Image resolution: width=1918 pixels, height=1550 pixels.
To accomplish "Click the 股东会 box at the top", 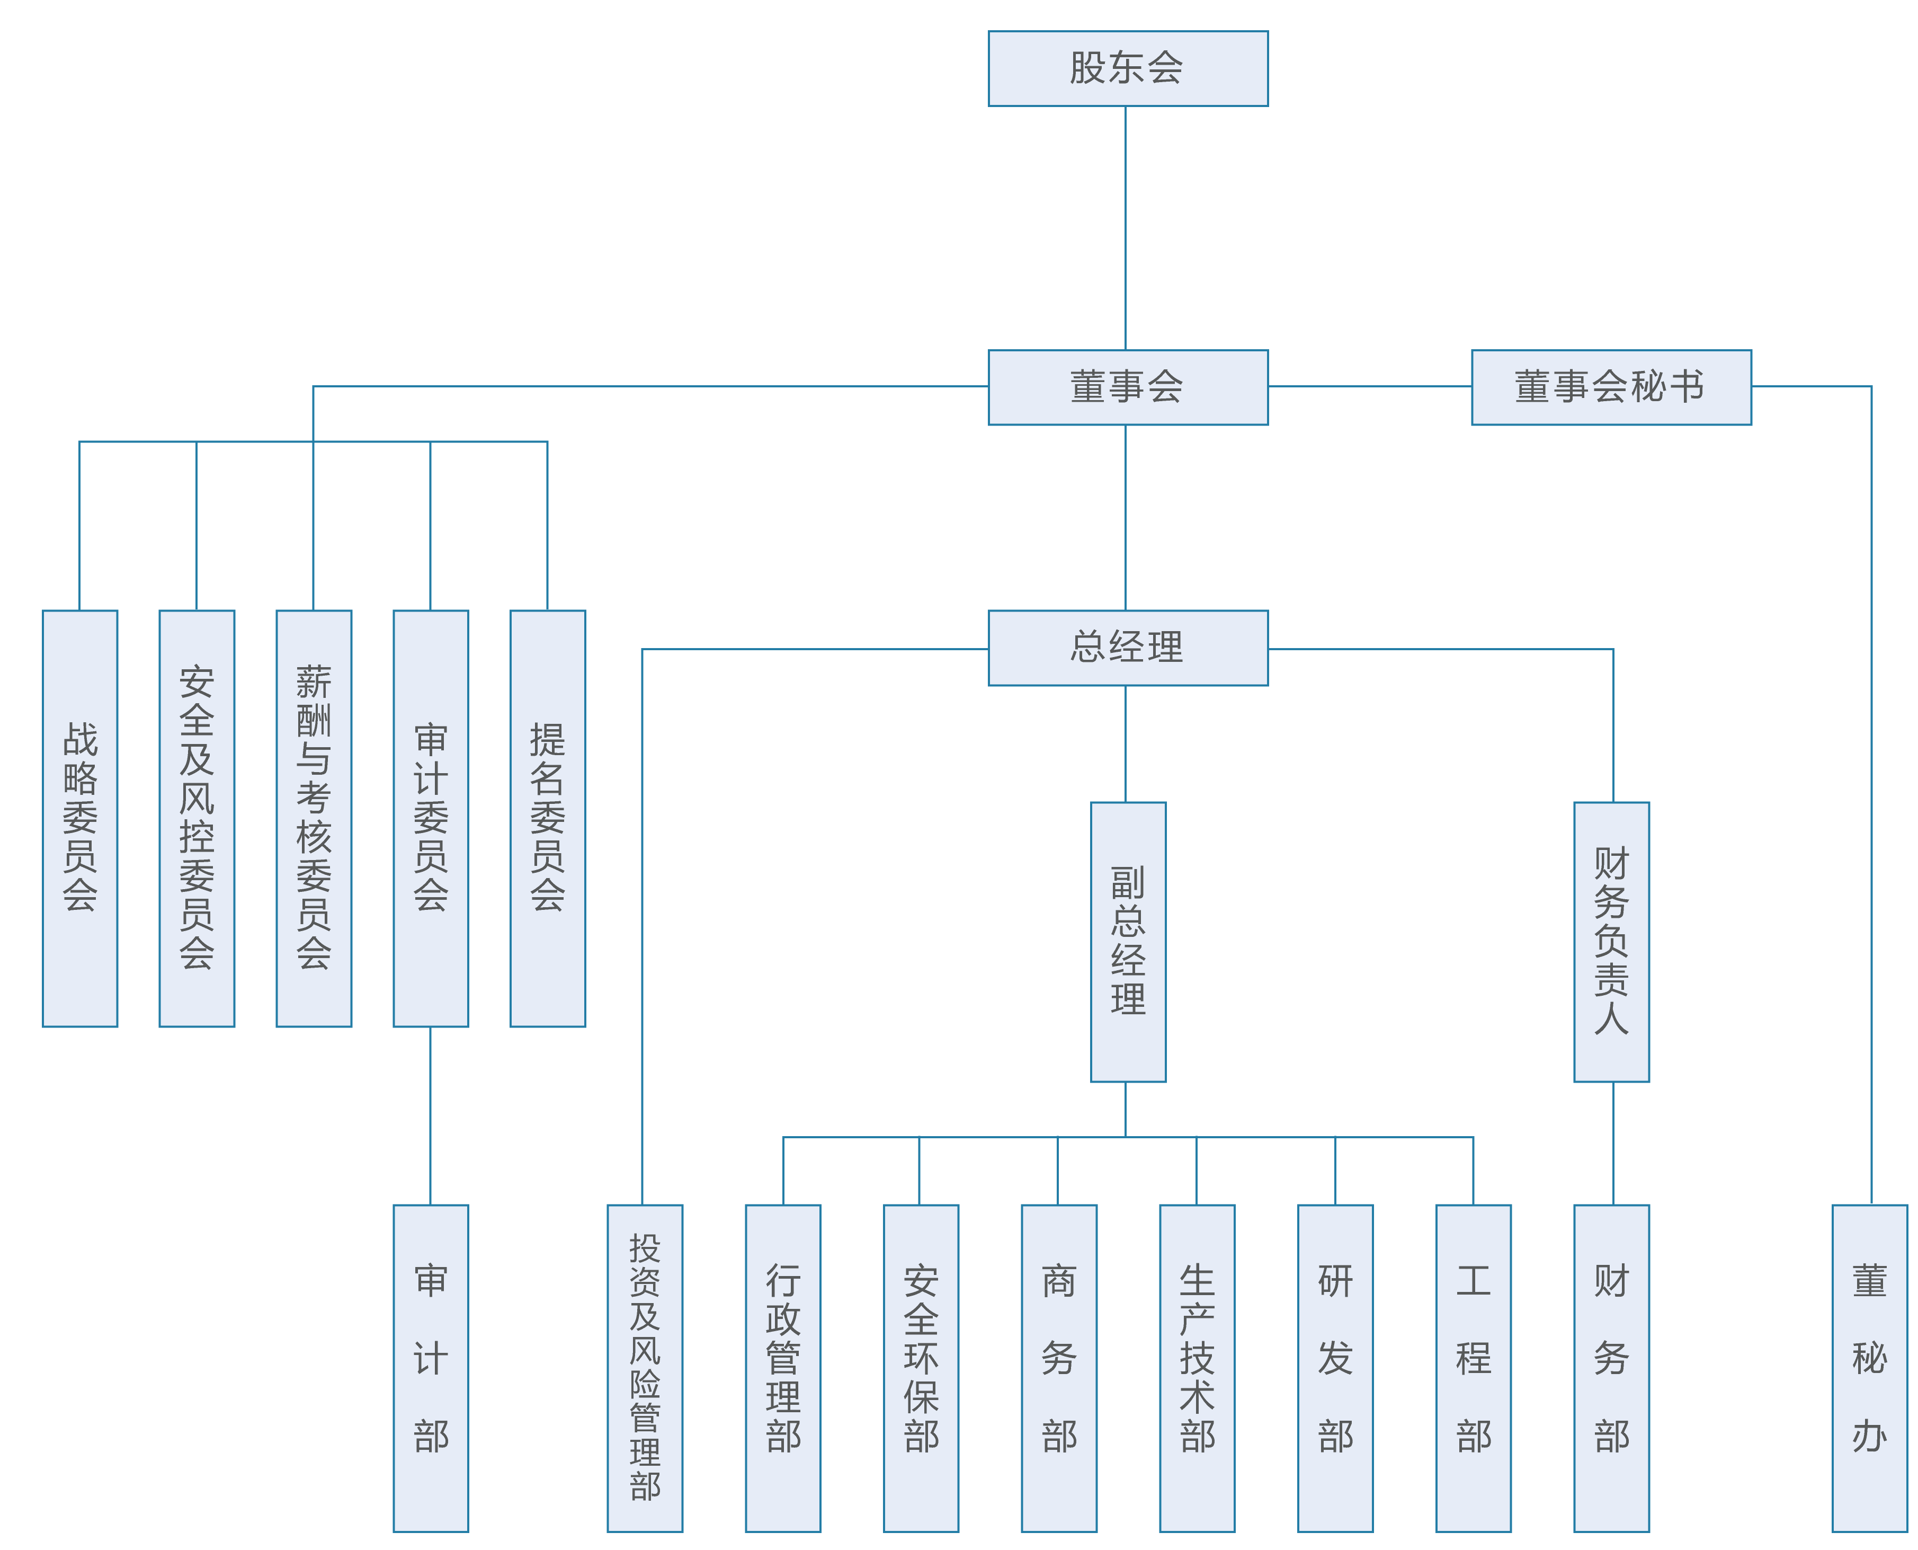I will pos(1127,69).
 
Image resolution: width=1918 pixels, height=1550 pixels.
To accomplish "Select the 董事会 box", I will pos(1127,387).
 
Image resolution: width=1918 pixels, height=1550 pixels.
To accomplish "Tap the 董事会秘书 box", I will pos(1610,387).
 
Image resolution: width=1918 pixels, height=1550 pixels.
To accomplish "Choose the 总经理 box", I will pos(1127,648).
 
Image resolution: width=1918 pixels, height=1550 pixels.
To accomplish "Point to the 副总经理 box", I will pos(1127,941).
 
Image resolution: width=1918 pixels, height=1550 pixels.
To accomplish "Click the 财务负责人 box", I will pos(1611,941).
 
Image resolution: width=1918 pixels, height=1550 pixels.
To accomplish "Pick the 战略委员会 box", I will pos(79,818).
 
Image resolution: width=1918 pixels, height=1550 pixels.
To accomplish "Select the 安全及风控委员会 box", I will pos(197,818).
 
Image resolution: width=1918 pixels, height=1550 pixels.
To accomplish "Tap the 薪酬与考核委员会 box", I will pos(313,818).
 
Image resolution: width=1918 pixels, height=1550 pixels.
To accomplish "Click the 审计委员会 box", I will pos(430,818).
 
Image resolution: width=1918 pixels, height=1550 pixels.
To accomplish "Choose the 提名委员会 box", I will pos(547,818).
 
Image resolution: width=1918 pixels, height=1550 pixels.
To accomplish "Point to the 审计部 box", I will pos(430,1368).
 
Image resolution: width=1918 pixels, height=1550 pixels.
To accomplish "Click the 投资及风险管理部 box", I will pos(645,1368).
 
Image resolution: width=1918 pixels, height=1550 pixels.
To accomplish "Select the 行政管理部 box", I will pos(783,1368).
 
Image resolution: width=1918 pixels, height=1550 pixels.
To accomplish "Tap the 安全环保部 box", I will pos(920,1368).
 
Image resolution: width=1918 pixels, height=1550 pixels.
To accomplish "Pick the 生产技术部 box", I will pos(1197,1368).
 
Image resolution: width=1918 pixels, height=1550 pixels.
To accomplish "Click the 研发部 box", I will pos(1334,1368).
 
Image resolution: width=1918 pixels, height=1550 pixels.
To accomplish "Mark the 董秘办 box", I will pos(1869,1368).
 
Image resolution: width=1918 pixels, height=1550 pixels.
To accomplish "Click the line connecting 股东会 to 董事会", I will pos(1125,228).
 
